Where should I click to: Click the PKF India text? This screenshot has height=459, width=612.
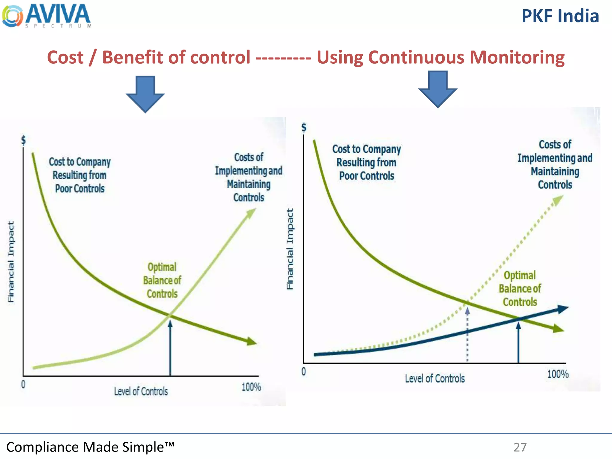pos(560,16)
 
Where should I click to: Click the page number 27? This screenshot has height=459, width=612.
pos(520,447)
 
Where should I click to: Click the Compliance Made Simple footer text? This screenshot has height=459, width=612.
pos(90,447)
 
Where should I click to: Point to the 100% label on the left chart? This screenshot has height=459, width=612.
pos(251,387)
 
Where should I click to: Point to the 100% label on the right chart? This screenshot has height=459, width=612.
pos(558,374)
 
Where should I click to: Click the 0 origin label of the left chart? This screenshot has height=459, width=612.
pos(23,384)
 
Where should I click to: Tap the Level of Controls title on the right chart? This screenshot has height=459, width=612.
pos(435,379)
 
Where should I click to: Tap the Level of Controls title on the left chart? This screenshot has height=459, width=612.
pos(141,391)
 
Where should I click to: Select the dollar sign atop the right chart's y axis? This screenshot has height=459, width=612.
pos(304,128)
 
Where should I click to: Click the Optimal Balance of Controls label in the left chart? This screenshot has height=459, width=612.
pos(162,280)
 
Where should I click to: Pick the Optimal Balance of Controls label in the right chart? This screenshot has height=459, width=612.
pos(520,289)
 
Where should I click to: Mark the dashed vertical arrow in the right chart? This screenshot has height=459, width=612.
pos(467,335)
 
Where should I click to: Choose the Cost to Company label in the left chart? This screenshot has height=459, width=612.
pos(80,175)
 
